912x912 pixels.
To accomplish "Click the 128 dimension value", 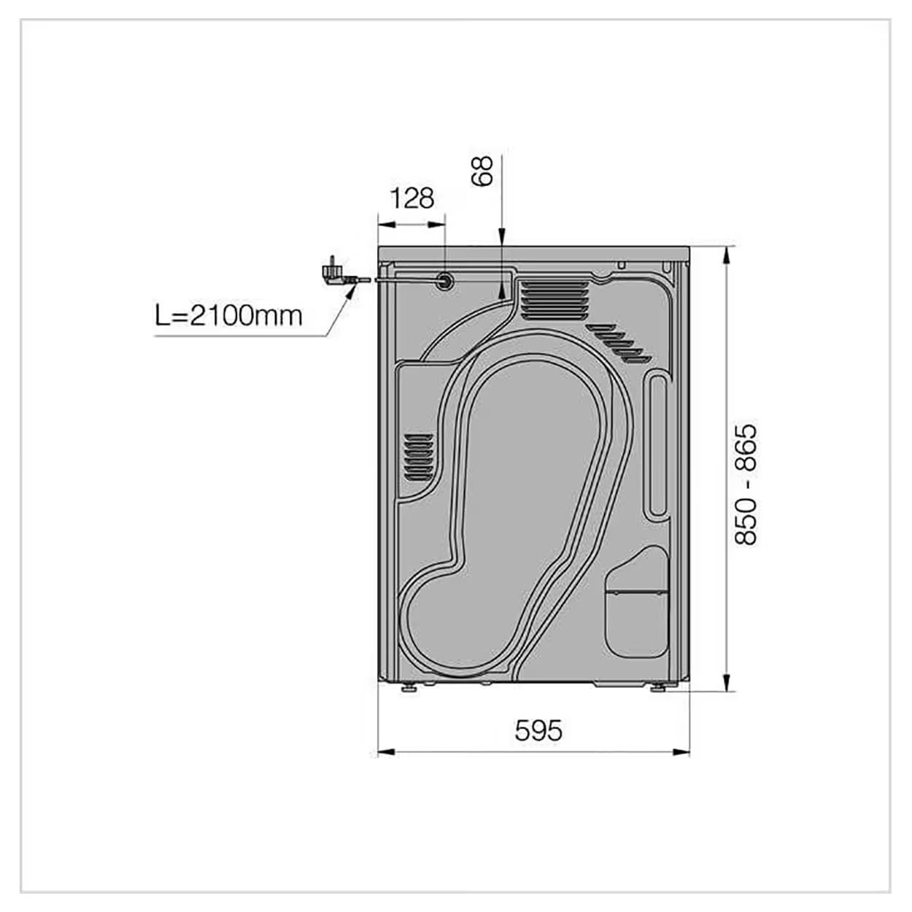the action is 411,198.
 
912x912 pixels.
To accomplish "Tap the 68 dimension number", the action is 482,171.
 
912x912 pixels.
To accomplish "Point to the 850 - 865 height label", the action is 746,483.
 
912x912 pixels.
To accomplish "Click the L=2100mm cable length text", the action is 228,316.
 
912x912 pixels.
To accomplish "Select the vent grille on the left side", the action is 418,455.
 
